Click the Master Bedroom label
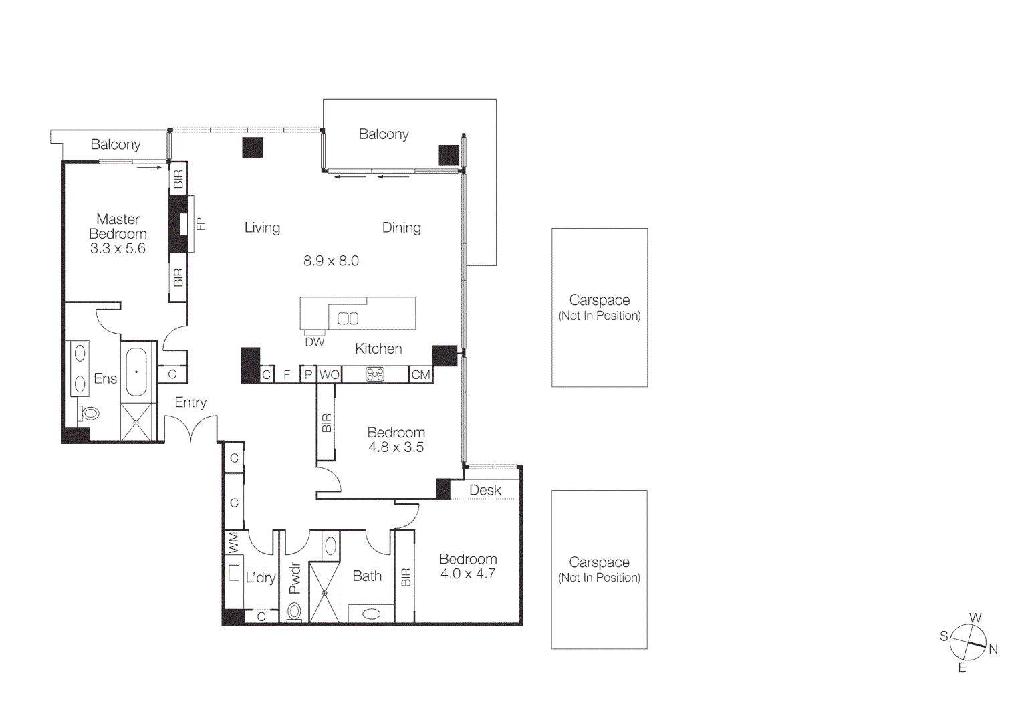118,227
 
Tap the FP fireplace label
200,224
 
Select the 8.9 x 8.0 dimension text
331,261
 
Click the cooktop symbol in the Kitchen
375,374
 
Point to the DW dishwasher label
314,342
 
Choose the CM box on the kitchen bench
420,375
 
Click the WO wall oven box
329,375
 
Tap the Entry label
190,402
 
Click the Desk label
485,490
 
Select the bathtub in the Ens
136,372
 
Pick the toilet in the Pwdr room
294,610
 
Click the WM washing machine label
233,542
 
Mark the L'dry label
260,578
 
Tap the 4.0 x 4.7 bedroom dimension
467,574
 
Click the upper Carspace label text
599,300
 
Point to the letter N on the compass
993,649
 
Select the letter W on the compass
975,618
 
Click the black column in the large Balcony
449,155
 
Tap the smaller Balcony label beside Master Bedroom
116,144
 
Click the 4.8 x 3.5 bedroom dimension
396,447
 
